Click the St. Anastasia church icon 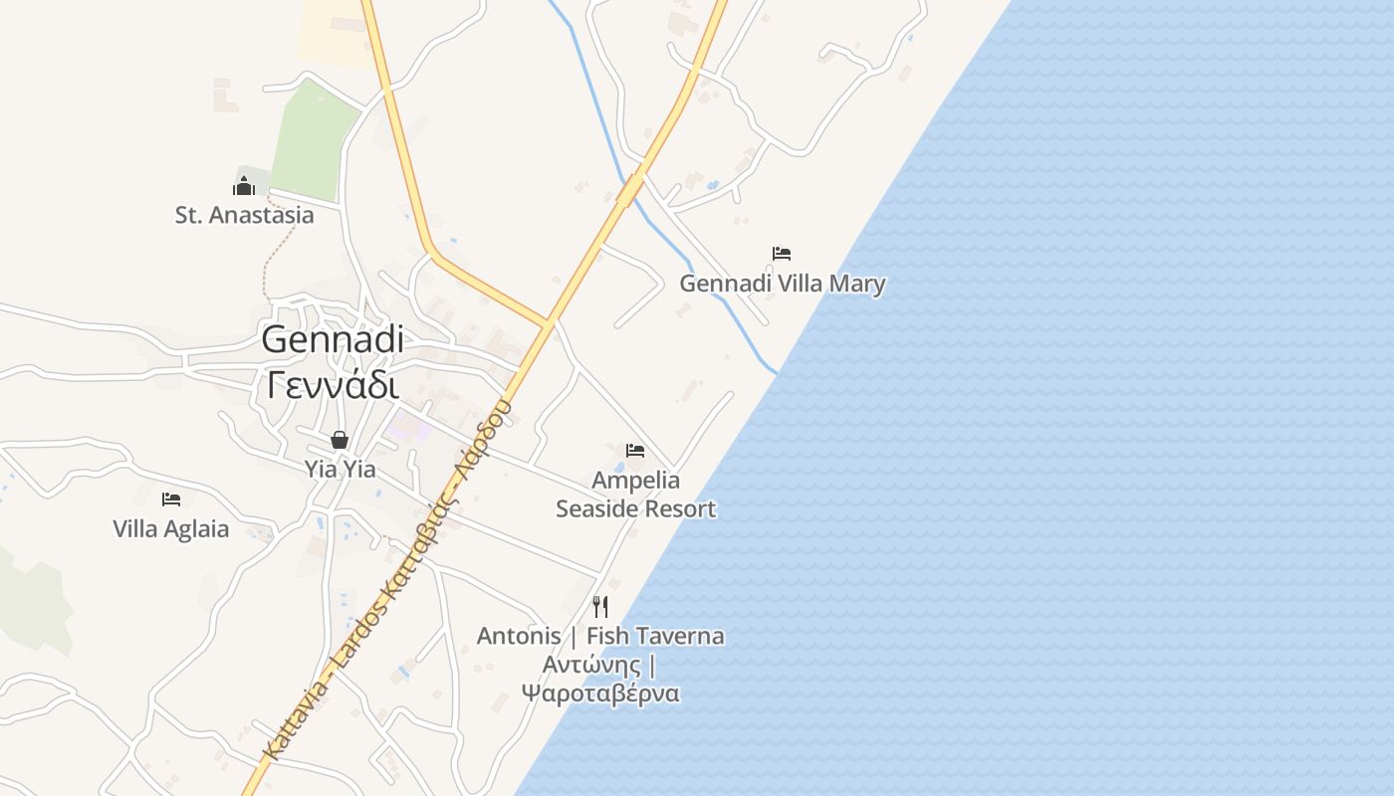pos(244,185)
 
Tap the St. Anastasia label pos(244,215)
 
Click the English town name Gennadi pos(333,339)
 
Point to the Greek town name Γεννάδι pos(333,384)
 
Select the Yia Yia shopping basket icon pos(340,440)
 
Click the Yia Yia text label pos(340,469)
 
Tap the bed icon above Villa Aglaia pos(171,498)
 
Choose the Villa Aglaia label pos(171,529)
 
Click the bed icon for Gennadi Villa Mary pos(782,254)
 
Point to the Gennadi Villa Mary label pos(782,284)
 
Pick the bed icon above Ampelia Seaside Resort pos(635,451)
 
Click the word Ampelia pos(635,481)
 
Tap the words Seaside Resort pos(635,509)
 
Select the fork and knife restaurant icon pos(600,606)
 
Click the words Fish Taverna pos(655,636)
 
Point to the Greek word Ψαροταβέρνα pos(600,694)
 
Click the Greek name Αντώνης pos(591,665)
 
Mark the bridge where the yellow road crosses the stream pos(630,189)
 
